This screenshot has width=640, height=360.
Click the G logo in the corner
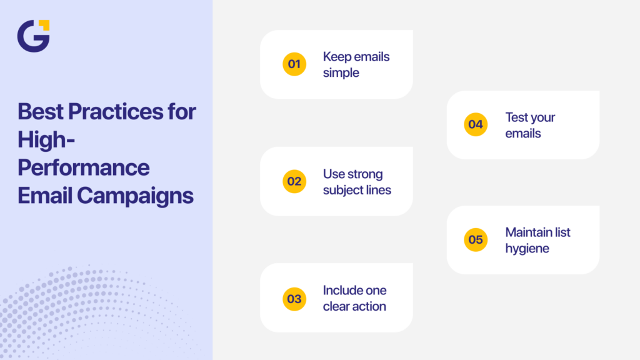tap(33, 36)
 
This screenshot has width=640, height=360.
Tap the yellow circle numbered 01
tap(294, 64)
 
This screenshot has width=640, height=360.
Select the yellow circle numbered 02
tap(294, 181)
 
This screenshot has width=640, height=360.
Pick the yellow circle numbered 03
tap(294, 299)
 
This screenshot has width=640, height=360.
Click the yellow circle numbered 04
tap(476, 124)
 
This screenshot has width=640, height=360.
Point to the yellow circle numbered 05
tap(476, 239)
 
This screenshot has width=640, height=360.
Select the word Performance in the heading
tap(83, 167)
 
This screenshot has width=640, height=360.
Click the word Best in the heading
tap(40, 112)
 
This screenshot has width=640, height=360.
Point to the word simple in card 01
tap(341, 73)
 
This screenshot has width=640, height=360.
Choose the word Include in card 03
tap(344, 290)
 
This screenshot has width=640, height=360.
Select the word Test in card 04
tap(516, 117)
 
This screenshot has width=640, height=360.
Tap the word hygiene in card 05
tap(527, 248)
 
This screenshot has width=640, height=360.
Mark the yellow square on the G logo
tap(45, 24)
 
